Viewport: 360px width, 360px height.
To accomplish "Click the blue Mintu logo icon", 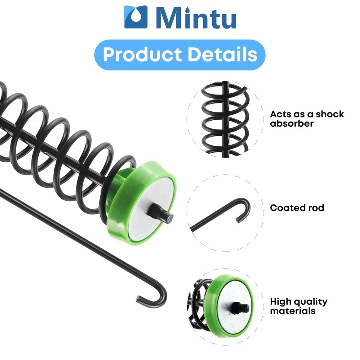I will [136, 17].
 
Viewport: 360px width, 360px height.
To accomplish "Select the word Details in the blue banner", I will [222, 55].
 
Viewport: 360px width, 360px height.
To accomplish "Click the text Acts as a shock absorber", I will [307, 119].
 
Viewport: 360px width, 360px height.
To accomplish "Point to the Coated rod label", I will [297, 208].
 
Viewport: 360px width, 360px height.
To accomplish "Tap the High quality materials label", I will [298, 306].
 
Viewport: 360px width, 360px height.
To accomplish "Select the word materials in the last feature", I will [292, 311].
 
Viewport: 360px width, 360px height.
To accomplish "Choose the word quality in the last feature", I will [310, 301].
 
